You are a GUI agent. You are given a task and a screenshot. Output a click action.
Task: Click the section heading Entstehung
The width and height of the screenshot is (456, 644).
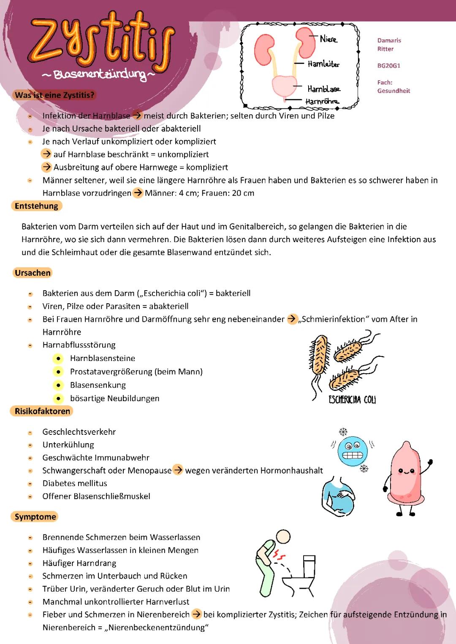36,206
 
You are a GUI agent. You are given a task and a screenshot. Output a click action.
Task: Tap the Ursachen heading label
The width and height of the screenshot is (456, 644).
33,273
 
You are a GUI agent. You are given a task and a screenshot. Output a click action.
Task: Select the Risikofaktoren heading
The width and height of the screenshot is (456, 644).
42,411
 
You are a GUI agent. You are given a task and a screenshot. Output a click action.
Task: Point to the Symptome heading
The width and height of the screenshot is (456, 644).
35,517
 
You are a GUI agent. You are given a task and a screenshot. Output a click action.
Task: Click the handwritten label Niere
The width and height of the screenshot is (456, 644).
328,39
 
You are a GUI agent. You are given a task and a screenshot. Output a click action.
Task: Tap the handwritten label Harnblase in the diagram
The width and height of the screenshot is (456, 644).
324,89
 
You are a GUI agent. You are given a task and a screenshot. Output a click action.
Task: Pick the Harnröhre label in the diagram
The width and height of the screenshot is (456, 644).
322,101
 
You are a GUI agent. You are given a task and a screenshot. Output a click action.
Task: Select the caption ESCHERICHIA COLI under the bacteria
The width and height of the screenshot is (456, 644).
352,399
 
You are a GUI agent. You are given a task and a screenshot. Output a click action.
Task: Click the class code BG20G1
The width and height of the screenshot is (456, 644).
388,66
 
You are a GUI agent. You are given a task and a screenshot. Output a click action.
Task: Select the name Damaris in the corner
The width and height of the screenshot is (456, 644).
389,40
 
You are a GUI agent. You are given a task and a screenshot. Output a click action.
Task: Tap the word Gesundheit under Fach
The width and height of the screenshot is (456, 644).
394,91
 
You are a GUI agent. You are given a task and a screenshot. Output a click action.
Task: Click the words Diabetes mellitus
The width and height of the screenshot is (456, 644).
75,483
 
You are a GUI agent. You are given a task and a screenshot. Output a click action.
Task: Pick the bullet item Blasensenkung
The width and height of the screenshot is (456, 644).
98,385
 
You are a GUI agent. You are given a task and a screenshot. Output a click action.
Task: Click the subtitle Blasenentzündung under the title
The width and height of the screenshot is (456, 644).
99,75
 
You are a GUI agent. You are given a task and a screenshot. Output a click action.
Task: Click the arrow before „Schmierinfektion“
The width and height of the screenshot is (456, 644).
292,319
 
